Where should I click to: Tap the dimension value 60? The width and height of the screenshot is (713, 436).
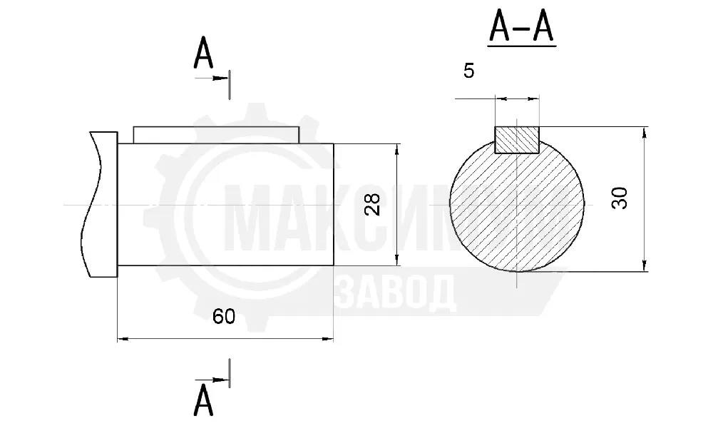click(224, 316)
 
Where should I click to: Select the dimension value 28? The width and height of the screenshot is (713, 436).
click(372, 204)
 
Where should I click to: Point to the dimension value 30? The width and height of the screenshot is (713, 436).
click(620, 198)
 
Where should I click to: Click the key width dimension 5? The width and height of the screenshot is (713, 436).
click(468, 71)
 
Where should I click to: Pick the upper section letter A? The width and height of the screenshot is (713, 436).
click(202, 53)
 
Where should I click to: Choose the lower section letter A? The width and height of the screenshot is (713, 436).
click(202, 400)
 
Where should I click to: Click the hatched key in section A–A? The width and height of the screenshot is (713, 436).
click(516, 140)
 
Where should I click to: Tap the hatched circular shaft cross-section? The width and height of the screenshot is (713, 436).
click(516, 209)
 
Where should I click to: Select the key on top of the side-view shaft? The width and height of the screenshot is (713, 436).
click(217, 135)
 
